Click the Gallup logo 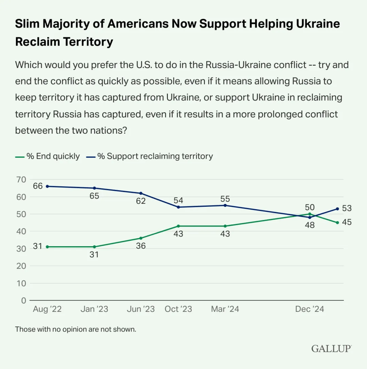pos(331,349)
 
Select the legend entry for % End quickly pos(48,156)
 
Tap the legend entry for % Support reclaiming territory pos(150,156)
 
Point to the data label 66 pos(37,186)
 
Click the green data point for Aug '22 pos(47,247)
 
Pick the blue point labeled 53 pos(337,208)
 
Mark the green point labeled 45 pos(337,222)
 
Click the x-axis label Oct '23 pos(178,309)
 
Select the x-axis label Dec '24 pos(310,309)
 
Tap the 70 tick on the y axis pos(21,179)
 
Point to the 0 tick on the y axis pos(23,300)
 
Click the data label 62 pos(141,201)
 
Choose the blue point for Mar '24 pos(225,205)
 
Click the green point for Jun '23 pos(141,238)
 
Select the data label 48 pos(310,225)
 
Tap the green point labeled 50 pos(310,214)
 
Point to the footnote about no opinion pos(75,329)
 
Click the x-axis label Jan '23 pos(94,309)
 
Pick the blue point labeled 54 pos(178,207)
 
